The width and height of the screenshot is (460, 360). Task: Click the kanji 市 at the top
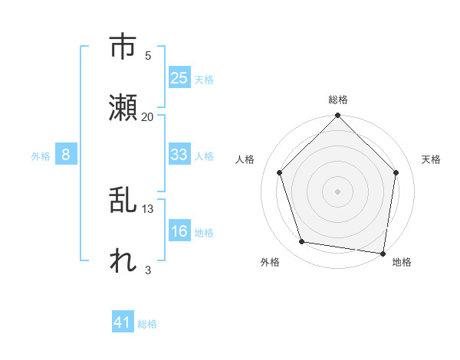(x=122, y=47)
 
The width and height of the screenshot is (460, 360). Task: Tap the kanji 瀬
(x=122, y=108)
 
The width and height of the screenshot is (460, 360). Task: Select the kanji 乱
(x=122, y=201)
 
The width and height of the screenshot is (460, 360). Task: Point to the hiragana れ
(x=122, y=260)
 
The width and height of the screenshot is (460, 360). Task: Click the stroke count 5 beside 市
(x=148, y=55)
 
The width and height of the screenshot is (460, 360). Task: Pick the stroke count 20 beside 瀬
(x=148, y=116)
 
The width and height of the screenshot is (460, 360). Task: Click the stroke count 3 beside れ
(x=148, y=270)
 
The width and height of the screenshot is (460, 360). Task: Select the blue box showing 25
(x=179, y=78)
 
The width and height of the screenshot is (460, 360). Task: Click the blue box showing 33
(x=179, y=155)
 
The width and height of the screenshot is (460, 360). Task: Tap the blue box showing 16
(x=179, y=232)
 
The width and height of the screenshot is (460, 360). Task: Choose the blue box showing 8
(x=66, y=155)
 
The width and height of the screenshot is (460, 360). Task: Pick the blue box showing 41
(x=123, y=323)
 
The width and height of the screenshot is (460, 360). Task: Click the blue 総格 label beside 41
(x=147, y=324)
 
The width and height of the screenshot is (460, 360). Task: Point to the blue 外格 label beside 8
(x=41, y=155)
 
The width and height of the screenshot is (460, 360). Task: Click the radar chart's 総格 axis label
(x=338, y=100)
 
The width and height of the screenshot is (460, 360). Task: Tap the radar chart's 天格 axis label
(x=431, y=159)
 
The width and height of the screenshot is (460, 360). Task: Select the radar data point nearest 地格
(x=383, y=253)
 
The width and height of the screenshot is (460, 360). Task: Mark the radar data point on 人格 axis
(x=280, y=172)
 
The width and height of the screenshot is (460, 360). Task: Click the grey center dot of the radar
(x=338, y=191)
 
